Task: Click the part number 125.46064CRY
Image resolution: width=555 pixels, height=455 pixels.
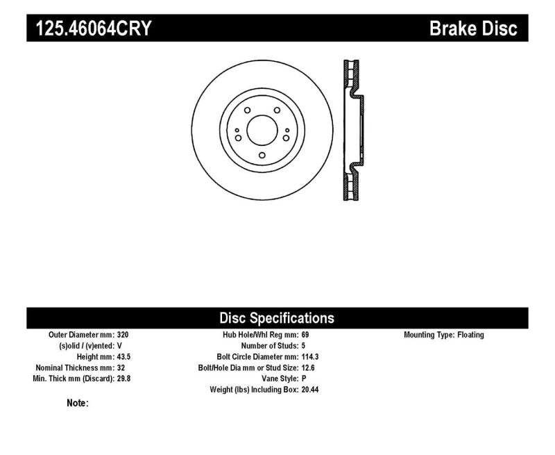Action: [x=90, y=29]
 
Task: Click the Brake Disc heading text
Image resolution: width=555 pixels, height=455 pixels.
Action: [x=474, y=29]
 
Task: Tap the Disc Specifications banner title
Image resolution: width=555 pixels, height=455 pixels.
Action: [x=277, y=318]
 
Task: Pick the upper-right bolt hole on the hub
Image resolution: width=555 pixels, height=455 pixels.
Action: [x=276, y=111]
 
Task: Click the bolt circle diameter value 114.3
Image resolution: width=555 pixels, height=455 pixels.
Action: [x=310, y=356]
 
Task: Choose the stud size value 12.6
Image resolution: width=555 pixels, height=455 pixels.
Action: [x=308, y=367]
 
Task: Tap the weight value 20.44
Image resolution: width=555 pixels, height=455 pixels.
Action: [x=310, y=390]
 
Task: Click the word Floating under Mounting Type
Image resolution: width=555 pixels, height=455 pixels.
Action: [x=470, y=335]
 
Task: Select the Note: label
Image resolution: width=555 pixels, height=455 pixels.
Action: [x=78, y=403]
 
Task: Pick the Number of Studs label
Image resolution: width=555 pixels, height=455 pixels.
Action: [x=268, y=345]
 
